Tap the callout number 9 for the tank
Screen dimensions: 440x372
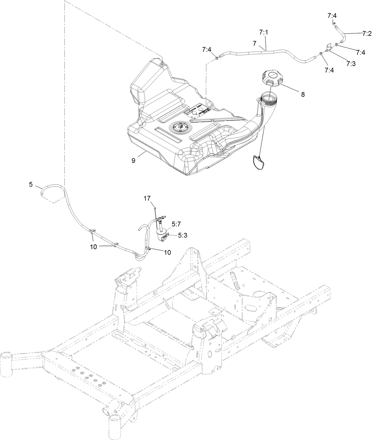[x=133, y=160]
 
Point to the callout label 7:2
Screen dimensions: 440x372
[x=365, y=34]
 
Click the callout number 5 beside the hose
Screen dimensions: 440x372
[x=31, y=184]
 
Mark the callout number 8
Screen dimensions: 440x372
[x=303, y=95]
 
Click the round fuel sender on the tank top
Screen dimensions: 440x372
[x=179, y=128]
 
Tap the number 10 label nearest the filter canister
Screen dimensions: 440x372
[x=167, y=252]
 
